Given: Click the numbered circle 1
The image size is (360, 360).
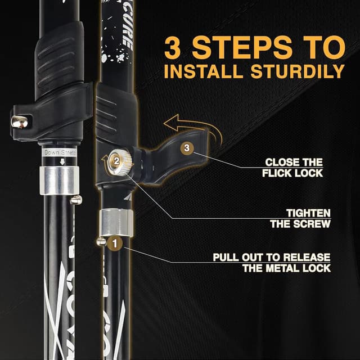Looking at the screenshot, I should pyautogui.click(x=115, y=244).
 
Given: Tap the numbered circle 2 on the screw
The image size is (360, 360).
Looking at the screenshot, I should pyautogui.click(x=116, y=161).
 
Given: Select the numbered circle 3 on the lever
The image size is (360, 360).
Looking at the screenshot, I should pyautogui.click(x=187, y=148).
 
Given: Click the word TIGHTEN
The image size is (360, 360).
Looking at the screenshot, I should pyautogui.click(x=308, y=213).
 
